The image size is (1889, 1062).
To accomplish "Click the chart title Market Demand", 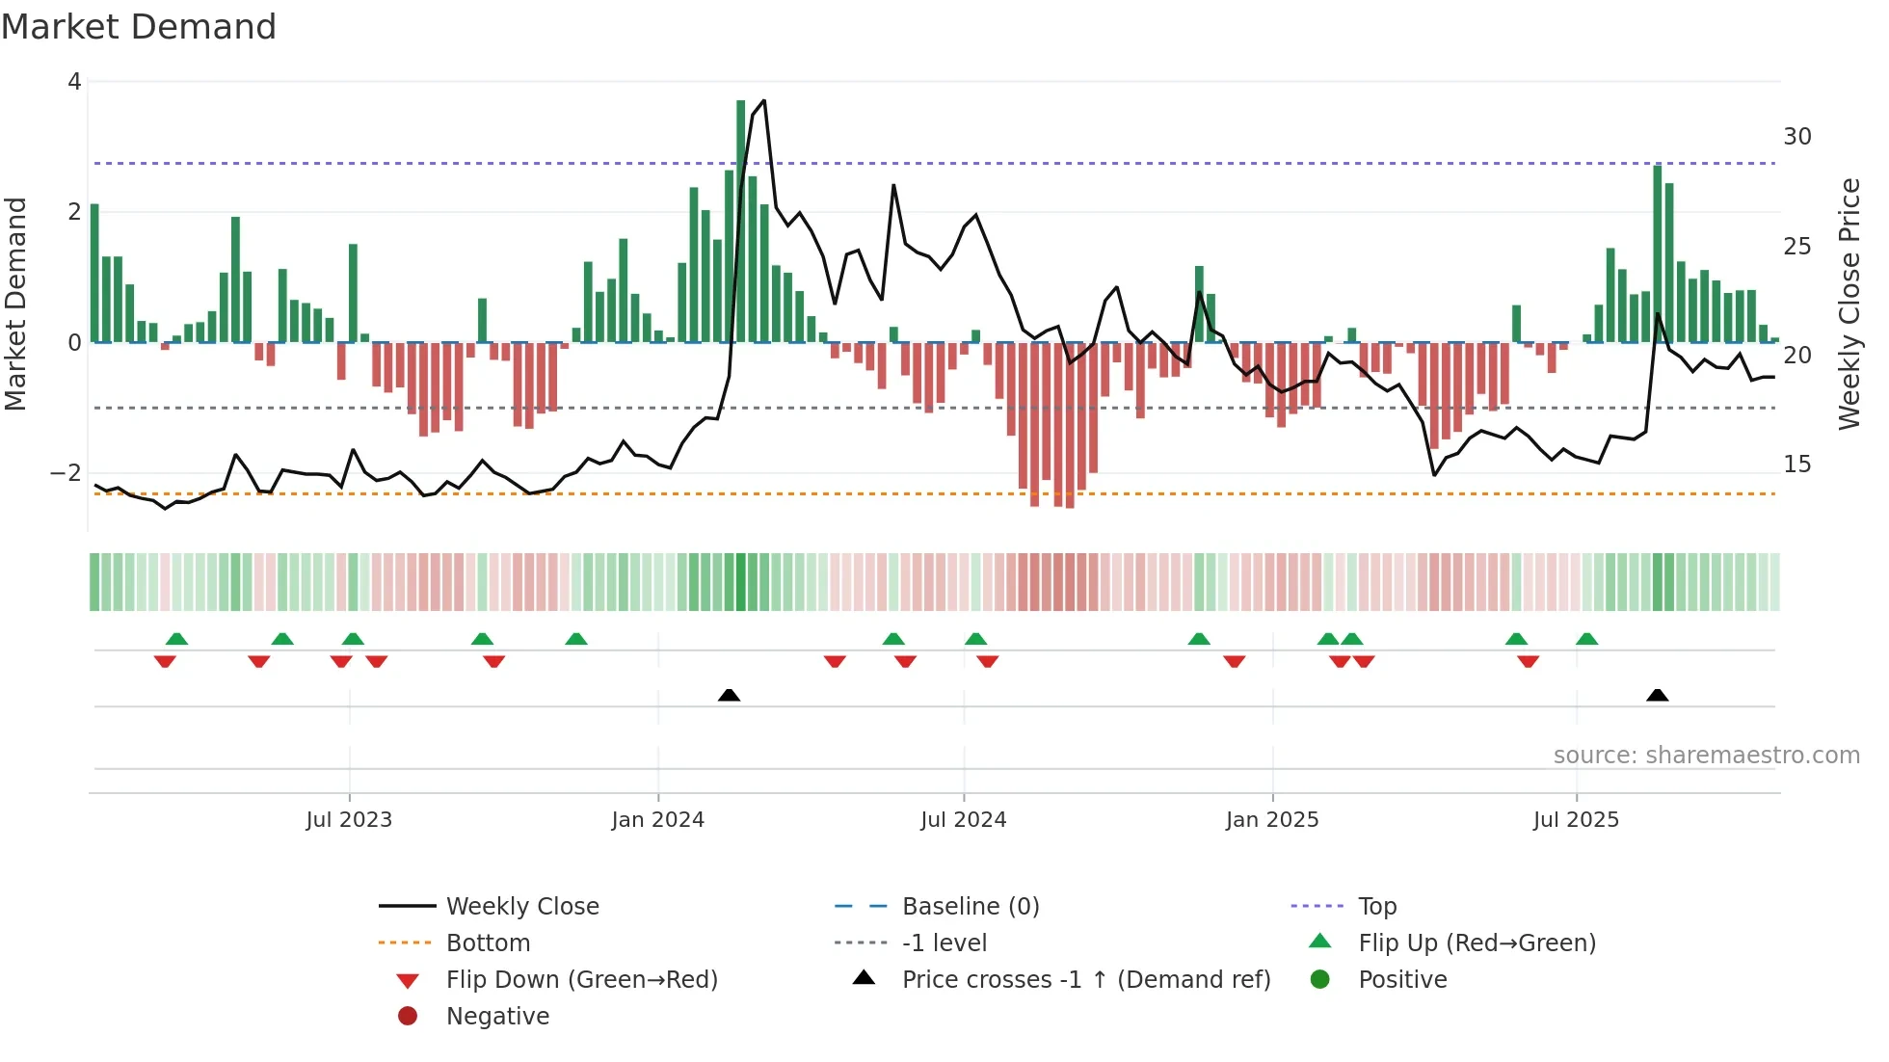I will (x=139, y=27).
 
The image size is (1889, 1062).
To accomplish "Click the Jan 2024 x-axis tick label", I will (x=657, y=819).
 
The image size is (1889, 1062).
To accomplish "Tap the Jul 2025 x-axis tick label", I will (x=1576, y=819).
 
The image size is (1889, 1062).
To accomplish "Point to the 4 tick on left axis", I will (x=74, y=82).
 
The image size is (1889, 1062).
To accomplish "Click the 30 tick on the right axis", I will (x=1796, y=137).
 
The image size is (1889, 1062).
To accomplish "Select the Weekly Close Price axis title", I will (x=1849, y=304).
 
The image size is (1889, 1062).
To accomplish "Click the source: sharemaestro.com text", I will (x=1706, y=755).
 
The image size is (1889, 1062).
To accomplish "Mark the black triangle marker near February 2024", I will (x=730, y=695).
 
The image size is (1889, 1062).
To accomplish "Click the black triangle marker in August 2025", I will (x=1657, y=695).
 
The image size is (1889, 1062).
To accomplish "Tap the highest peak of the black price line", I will (x=764, y=100).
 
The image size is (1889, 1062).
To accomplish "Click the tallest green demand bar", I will (x=741, y=222).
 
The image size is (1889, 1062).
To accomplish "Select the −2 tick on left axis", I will (x=66, y=472).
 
